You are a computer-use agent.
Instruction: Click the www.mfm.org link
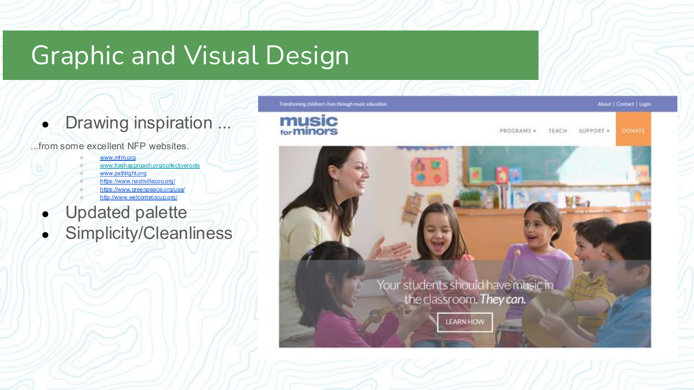tap(118, 158)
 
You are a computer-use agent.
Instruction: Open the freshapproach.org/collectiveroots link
tap(149, 165)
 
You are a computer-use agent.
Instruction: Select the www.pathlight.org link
tap(123, 173)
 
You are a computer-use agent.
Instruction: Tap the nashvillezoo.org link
tap(137, 181)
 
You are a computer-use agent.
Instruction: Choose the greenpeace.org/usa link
tap(142, 189)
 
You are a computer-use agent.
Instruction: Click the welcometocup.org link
tap(138, 197)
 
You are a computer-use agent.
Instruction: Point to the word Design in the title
tap(307, 55)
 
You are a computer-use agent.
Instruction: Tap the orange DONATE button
tap(633, 131)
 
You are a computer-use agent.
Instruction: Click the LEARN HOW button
tap(465, 322)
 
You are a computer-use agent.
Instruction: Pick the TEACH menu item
tap(558, 131)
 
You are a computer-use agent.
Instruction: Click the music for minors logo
tap(309, 126)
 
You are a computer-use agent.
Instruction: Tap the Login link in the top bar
tap(645, 104)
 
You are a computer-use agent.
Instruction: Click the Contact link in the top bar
tap(625, 104)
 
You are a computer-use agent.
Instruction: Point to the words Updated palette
tap(126, 213)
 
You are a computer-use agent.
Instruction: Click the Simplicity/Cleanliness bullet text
tap(149, 233)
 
